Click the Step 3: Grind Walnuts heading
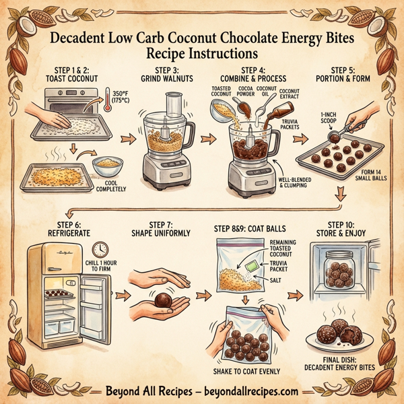pyautogui.click(x=164, y=75)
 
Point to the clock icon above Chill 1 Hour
pyautogui.click(x=101, y=249)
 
